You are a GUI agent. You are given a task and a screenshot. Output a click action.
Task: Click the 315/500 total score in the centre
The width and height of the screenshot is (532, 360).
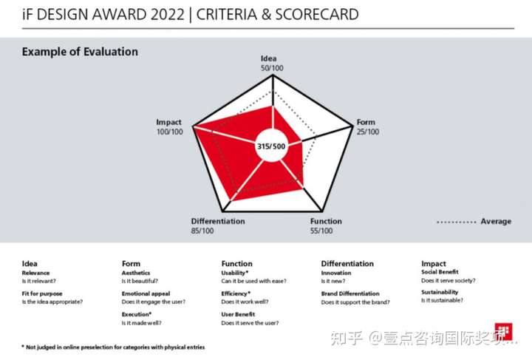tap(271, 146)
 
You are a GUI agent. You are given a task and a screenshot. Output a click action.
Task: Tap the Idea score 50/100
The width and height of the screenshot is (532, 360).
tap(272, 68)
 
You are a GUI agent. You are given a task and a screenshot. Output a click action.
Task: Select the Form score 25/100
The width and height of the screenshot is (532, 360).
tap(368, 132)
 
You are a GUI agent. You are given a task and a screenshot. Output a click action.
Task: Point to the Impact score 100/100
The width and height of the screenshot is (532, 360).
tap(170, 132)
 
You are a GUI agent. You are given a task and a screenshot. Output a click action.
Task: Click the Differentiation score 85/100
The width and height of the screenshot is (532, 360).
tap(202, 231)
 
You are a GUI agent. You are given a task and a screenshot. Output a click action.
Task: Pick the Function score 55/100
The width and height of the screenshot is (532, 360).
tap(321, 231)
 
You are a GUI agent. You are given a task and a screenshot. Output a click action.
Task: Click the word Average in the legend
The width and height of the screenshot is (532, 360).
tap(496, 221)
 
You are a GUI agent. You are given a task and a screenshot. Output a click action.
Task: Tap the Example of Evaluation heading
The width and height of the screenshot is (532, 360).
tap(80, 52)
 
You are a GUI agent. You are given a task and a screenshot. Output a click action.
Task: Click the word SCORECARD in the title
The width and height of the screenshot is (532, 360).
tap(317, 14)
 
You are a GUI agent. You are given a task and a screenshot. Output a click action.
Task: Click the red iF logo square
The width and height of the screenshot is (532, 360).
tap(503, 331)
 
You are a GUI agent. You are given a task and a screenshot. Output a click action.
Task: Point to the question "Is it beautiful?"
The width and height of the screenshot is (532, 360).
tap(140, 281)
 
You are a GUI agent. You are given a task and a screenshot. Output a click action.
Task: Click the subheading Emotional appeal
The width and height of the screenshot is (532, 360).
tap(146, 293)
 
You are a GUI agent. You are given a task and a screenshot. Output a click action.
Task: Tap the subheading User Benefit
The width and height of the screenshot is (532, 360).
tap(238, 314)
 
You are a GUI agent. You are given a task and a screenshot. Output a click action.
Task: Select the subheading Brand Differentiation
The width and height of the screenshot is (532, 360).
tap(350, 293)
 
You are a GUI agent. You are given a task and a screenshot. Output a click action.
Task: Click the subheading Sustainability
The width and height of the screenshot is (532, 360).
tap(440, 292)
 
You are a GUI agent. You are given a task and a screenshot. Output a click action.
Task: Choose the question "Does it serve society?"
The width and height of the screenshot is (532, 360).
tap(449, 281)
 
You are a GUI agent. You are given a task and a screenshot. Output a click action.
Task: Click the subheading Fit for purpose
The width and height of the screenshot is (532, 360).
tap(42, 293)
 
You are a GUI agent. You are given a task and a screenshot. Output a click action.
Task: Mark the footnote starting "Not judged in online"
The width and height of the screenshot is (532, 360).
tap(113, 347)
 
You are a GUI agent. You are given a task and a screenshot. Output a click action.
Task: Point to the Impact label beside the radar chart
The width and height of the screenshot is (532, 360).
tap(168, 122)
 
